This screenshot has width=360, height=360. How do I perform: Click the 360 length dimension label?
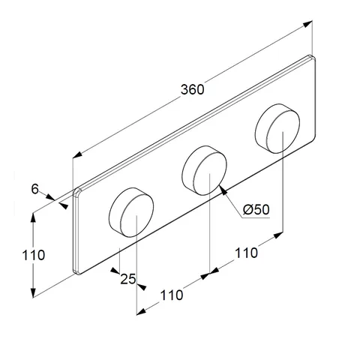[x=193, y=89]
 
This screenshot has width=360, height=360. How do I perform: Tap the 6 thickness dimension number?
[x=35, y=189]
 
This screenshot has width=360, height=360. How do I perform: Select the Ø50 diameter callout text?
[x=256, y=209]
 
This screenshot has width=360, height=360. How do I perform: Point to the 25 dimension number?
[x=128, y=279]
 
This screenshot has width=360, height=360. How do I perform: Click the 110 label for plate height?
[x=34, y=255]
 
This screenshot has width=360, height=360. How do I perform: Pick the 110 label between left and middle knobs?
[x=172, y=295]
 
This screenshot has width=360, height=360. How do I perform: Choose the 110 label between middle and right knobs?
[x=246, y=253]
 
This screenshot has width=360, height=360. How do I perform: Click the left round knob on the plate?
[x=131, y=212]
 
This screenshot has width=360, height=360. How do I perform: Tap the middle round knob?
[x=205, y=171]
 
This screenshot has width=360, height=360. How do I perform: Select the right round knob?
[x=277, y=128]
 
